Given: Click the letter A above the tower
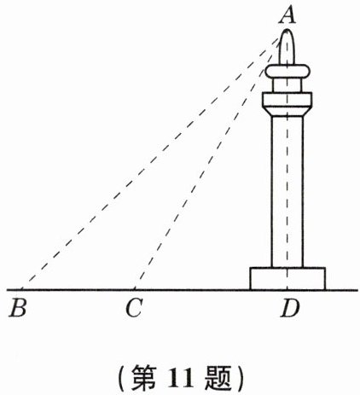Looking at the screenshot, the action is [287, 15].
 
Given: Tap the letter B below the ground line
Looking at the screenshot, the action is [18, 308].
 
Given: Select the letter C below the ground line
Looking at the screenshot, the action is [134, 308].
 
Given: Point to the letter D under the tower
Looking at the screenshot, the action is [290, 308].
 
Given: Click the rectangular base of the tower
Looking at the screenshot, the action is [287, 279].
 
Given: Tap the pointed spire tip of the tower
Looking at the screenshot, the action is [287, 30].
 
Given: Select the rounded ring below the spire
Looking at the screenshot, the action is [287, 71].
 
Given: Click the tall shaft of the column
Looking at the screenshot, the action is [287, 191].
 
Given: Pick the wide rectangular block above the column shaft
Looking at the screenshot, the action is [287, 99].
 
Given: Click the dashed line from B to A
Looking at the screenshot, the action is [152, 162].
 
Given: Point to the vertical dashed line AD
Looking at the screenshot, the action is [287, 160].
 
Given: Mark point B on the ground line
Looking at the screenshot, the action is [22, 290].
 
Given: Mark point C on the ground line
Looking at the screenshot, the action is [134, 290].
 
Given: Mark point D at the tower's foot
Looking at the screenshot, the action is [287, 290].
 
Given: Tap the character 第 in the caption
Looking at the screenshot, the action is [144, 378].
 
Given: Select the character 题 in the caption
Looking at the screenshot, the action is [218, 378].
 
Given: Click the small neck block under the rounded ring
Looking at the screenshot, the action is [287, 84].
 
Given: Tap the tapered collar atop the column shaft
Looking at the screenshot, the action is [287, 111].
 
